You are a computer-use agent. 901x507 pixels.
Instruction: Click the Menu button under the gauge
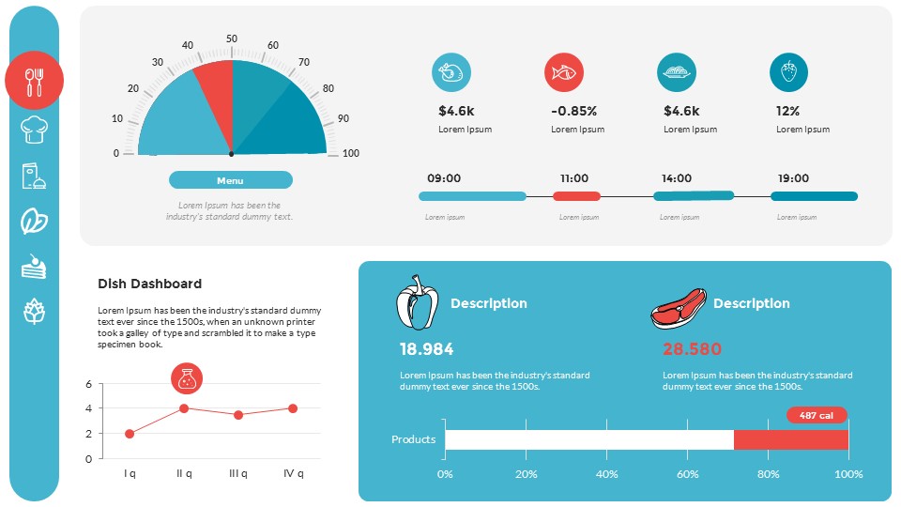pos(230,180)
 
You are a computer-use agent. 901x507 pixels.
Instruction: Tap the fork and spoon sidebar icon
pos(35,81)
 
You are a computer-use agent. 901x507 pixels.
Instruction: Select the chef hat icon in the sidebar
pos(35,129)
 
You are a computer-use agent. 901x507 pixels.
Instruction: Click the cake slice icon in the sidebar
pos(35,267)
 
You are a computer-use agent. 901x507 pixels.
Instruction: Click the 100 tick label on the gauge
pos(350,153)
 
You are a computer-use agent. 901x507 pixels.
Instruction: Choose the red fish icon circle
pos(564,72)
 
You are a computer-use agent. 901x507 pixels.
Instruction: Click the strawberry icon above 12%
pos(788,72)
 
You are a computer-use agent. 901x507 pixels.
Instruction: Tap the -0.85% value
pos(573,111)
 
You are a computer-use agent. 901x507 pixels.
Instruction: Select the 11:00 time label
pos(574,178)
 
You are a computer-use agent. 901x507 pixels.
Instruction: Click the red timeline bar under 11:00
pos(576,196)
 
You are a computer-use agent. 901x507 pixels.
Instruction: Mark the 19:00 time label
pos(792,178)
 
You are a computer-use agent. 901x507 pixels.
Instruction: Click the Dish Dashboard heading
pos(149,284)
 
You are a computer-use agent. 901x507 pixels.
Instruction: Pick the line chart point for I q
pos(130,434)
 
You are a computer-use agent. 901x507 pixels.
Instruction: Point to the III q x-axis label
pos(238,473)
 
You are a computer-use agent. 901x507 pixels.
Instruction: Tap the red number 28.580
pos(692,349)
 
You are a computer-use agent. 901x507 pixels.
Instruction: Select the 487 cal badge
pos(817,415)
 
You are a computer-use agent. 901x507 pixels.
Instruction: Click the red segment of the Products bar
pos(790,439)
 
